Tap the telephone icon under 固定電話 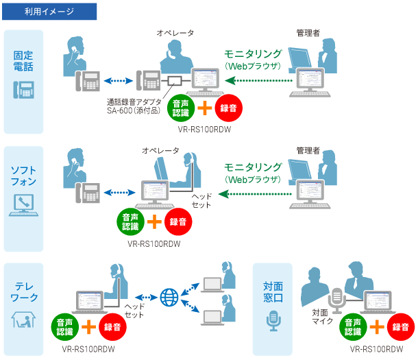point(23,89)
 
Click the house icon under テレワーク point(23,319)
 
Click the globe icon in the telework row point(169,298)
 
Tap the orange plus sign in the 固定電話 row point(204,106)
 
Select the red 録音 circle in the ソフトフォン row point(179,221)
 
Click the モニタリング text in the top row point(254,53)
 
